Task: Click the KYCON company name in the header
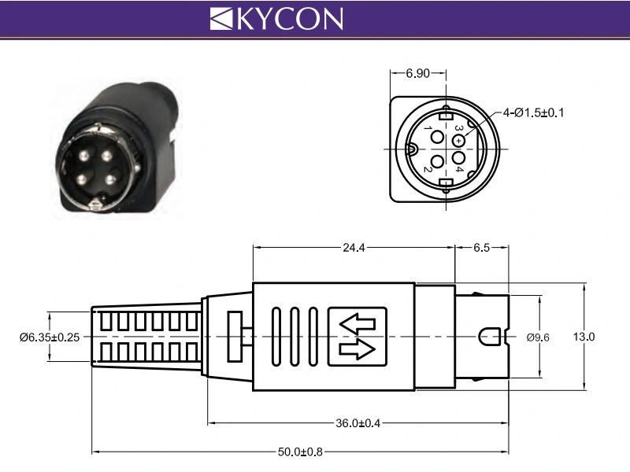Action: [289, 18]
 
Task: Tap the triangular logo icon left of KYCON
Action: [222, 18]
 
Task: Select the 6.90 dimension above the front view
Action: [417, 73]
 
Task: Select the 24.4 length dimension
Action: [353, 247]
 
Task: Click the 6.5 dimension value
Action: [481, 247]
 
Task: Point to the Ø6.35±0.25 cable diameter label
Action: [49, 337]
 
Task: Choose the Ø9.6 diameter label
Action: [538, 337]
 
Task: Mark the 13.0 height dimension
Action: [584, 337]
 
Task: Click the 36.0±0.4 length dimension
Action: [358, 423]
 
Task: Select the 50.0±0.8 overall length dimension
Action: [301, 452]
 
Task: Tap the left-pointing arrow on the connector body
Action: [358, 323]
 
